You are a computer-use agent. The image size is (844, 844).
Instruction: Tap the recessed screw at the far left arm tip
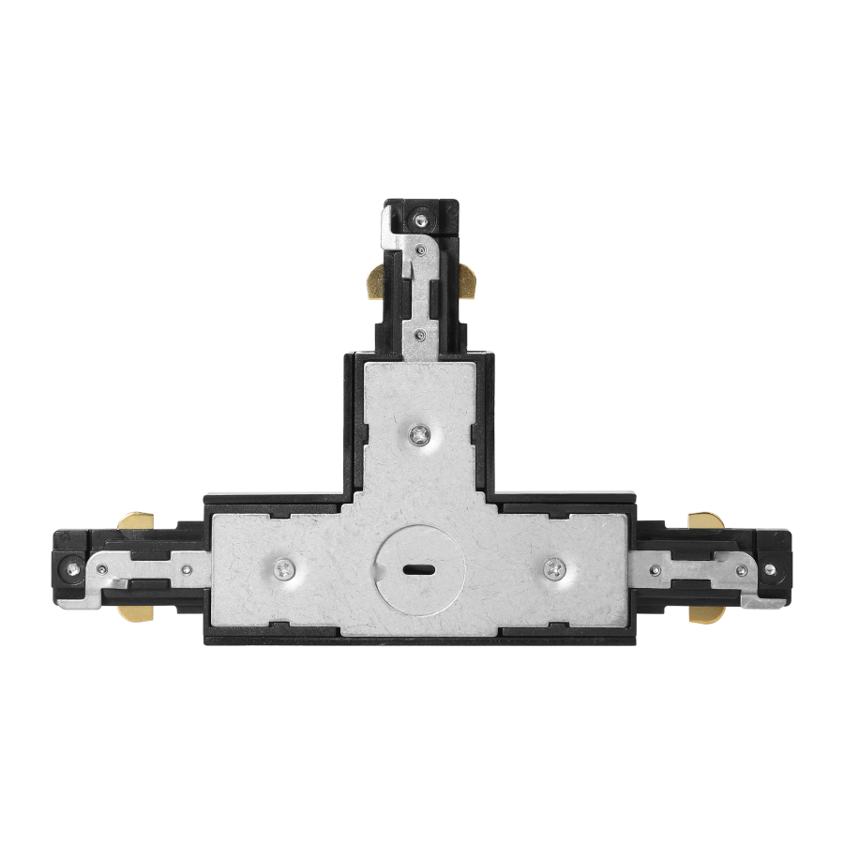[71, 566]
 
